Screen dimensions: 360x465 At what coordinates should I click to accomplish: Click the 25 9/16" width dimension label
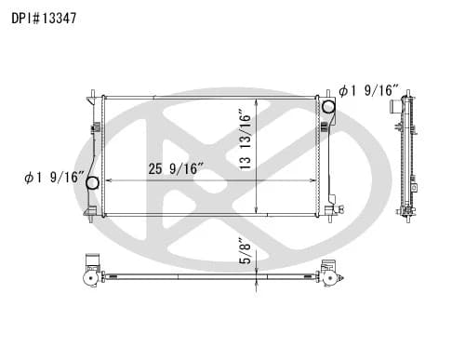[x=176, y=168]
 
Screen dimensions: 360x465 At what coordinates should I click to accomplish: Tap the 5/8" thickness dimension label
[x=245, y=252]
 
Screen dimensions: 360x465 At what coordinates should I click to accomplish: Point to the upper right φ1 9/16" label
[x=369, y=91]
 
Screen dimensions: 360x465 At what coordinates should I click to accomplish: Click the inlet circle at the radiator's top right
[x=328, y=107]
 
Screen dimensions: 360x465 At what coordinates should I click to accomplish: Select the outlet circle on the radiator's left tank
[x=92, y=182]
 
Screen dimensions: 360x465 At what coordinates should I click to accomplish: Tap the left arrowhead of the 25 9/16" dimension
[x=108, y=179]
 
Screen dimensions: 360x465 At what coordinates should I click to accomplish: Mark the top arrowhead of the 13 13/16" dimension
[x=258, y=97]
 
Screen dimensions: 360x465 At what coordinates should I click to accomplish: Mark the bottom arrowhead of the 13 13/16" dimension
[x=258, y=212]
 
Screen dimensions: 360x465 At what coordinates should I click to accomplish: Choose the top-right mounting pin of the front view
[x=326, y=91]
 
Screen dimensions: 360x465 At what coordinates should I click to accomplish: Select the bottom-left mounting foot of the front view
[x=89, y=214]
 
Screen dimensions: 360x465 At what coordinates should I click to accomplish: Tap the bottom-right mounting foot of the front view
[x=328, y=213]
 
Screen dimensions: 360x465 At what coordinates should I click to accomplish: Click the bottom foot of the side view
[x=405, y=212]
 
